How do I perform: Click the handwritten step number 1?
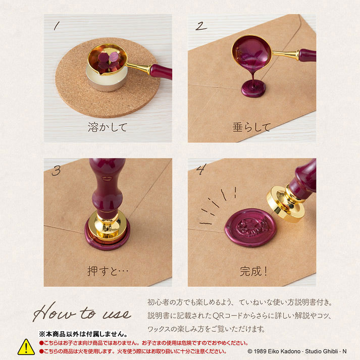(x=57, y=26)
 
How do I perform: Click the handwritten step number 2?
(x=201, y=26)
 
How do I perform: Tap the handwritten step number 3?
(x=56, y=170)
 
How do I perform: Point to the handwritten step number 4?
(x=201, y=169)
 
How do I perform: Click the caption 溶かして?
(x=108, y=127)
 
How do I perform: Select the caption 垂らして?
(x=251, y=127)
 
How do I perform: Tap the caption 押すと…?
(x=108, y=271)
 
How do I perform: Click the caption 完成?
(x=253, y=271)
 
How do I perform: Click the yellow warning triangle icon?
(x=26, y=347)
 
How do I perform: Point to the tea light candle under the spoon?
(x=107, y=79)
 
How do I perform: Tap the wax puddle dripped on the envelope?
(x=253, y=89)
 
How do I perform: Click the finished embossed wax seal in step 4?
(x=251, y=228)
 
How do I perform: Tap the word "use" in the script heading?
(x=117, y=314)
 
